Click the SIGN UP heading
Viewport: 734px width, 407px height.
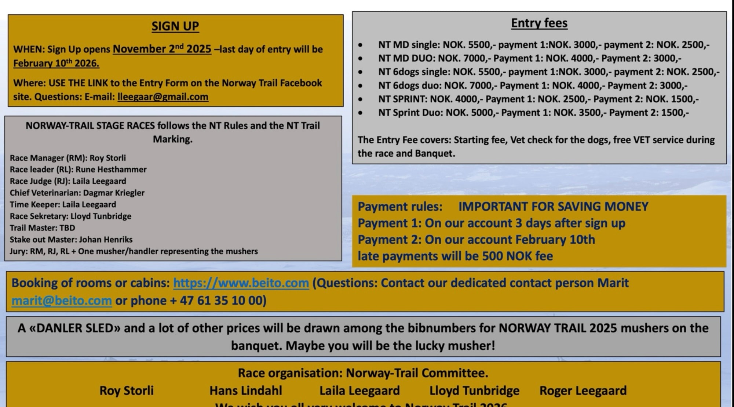175,26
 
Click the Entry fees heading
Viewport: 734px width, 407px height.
539,23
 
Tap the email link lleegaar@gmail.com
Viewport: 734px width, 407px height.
163,97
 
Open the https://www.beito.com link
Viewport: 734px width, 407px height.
241,283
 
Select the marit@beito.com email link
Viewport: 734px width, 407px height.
62,301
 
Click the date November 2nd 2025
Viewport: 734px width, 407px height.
162,49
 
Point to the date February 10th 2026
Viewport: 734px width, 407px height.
56,63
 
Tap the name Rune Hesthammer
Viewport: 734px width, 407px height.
111,170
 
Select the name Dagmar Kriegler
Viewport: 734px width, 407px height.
114,193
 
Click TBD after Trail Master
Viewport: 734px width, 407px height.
67,228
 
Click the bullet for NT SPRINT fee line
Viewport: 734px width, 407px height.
360,99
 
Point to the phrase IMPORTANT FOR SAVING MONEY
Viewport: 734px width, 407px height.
553,207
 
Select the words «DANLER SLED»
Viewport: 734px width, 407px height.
74,328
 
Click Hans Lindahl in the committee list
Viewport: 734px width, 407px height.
245,390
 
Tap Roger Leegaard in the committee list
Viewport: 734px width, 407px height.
583,390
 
